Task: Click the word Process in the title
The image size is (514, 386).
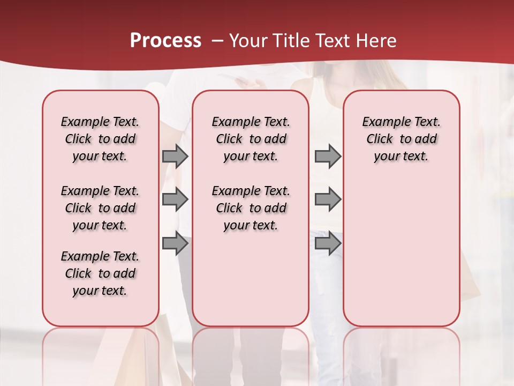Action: pos(165,41)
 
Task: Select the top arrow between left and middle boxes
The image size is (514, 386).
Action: pos(175,156)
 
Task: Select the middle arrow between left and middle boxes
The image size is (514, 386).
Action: pos(175,199)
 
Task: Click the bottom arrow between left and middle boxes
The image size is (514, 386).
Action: pos(175,243)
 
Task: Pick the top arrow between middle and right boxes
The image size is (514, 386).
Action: pos(328,156)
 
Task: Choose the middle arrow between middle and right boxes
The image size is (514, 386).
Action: pos(328,199)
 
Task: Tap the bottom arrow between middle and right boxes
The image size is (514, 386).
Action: pos(328,243)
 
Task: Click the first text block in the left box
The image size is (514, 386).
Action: pos(100,139)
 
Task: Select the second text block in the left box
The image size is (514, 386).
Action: pos(100,208)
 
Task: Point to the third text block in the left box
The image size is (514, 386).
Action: pos(100,273)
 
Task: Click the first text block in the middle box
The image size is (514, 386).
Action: pos(251,139)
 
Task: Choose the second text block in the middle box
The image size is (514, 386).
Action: pos(251,208)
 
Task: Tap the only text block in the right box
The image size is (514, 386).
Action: pos(401,139)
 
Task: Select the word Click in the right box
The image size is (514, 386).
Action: pos(380,139)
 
